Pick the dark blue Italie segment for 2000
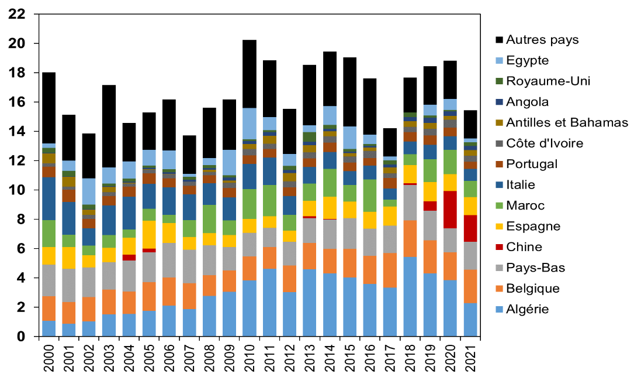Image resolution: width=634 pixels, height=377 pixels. pos(48,198)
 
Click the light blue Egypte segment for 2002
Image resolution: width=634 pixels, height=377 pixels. pos(89,191)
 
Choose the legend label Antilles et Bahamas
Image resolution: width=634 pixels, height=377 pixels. pos(567,122)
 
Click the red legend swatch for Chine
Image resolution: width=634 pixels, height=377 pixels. pos(499,247)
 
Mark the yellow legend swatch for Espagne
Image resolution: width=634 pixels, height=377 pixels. pos(499,227)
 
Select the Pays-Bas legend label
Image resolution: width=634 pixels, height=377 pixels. pos(535,268)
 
